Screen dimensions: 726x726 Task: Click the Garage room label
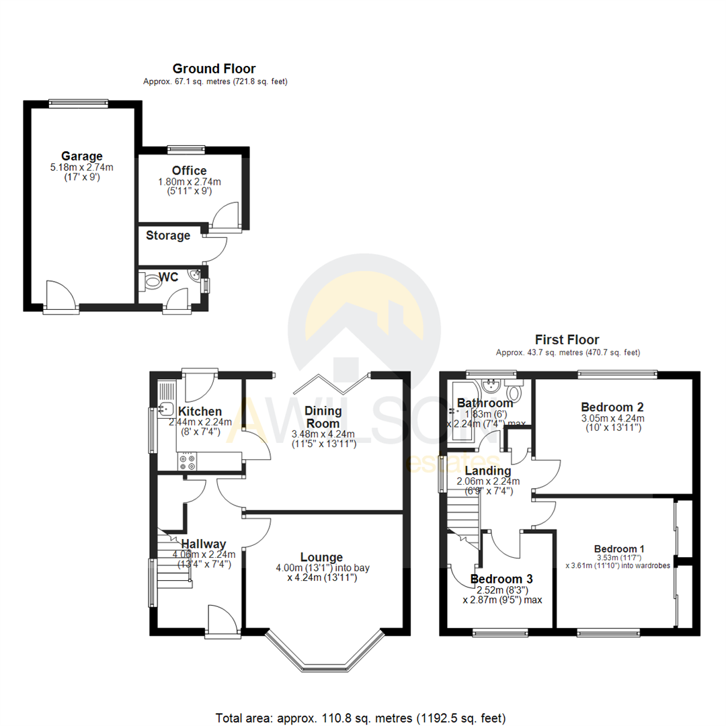click(82, 156)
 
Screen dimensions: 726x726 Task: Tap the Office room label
click(189, 171)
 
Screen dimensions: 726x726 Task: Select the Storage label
click(168, 236)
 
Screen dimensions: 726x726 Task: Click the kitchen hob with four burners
click(188, 462)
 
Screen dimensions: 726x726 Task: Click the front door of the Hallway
click(223, 622)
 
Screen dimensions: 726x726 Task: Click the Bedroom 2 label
click(612, 407)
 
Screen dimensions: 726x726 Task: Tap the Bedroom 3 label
click(501, 579)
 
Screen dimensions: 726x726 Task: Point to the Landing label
click(483, 471)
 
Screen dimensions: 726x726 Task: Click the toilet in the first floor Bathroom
click(516, 393)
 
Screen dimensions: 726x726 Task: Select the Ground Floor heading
click(214, 68)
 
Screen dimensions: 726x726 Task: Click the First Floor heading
click(567, 339)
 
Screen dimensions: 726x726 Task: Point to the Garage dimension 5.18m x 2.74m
click(82, 167)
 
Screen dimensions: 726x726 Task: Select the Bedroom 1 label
click(617, 547)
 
